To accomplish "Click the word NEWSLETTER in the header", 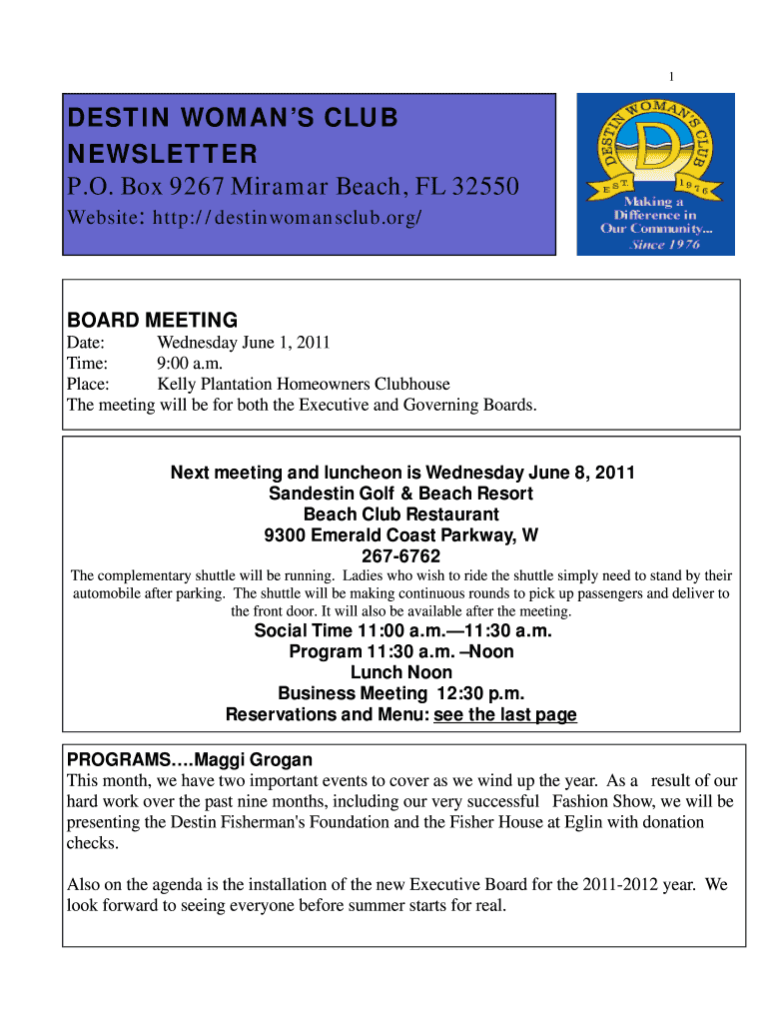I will pos(162,155).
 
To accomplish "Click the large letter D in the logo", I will pos(656,151).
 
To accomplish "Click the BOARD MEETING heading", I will pos(152,321).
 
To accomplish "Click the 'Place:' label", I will pos(88,385).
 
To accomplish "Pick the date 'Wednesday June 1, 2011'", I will pos(243,343).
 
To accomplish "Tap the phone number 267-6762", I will pos(400,556).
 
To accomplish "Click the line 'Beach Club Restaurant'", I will pos(400,514).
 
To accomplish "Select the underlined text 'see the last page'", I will pos(505,715).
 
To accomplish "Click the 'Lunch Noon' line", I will pos(400,673).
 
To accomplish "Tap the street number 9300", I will pos(285,535).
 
